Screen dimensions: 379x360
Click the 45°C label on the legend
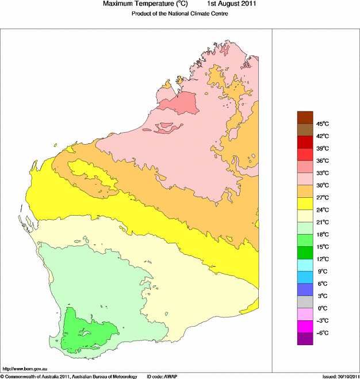click(321, 124)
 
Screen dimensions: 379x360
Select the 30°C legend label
click(321, 185)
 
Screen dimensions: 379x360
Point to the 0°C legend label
click(321, 308)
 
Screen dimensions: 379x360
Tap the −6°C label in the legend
click(321, 333)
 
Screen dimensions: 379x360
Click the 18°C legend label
click(321, 235)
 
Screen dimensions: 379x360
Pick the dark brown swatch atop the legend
click(304, 117)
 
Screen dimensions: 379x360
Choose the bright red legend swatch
click(304, 154)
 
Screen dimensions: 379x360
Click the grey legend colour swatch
click(304, 302)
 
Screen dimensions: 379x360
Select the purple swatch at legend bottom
click(304, 339)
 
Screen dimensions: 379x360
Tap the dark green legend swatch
click(304, 252)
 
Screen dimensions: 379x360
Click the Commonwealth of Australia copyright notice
click(69, 376)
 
